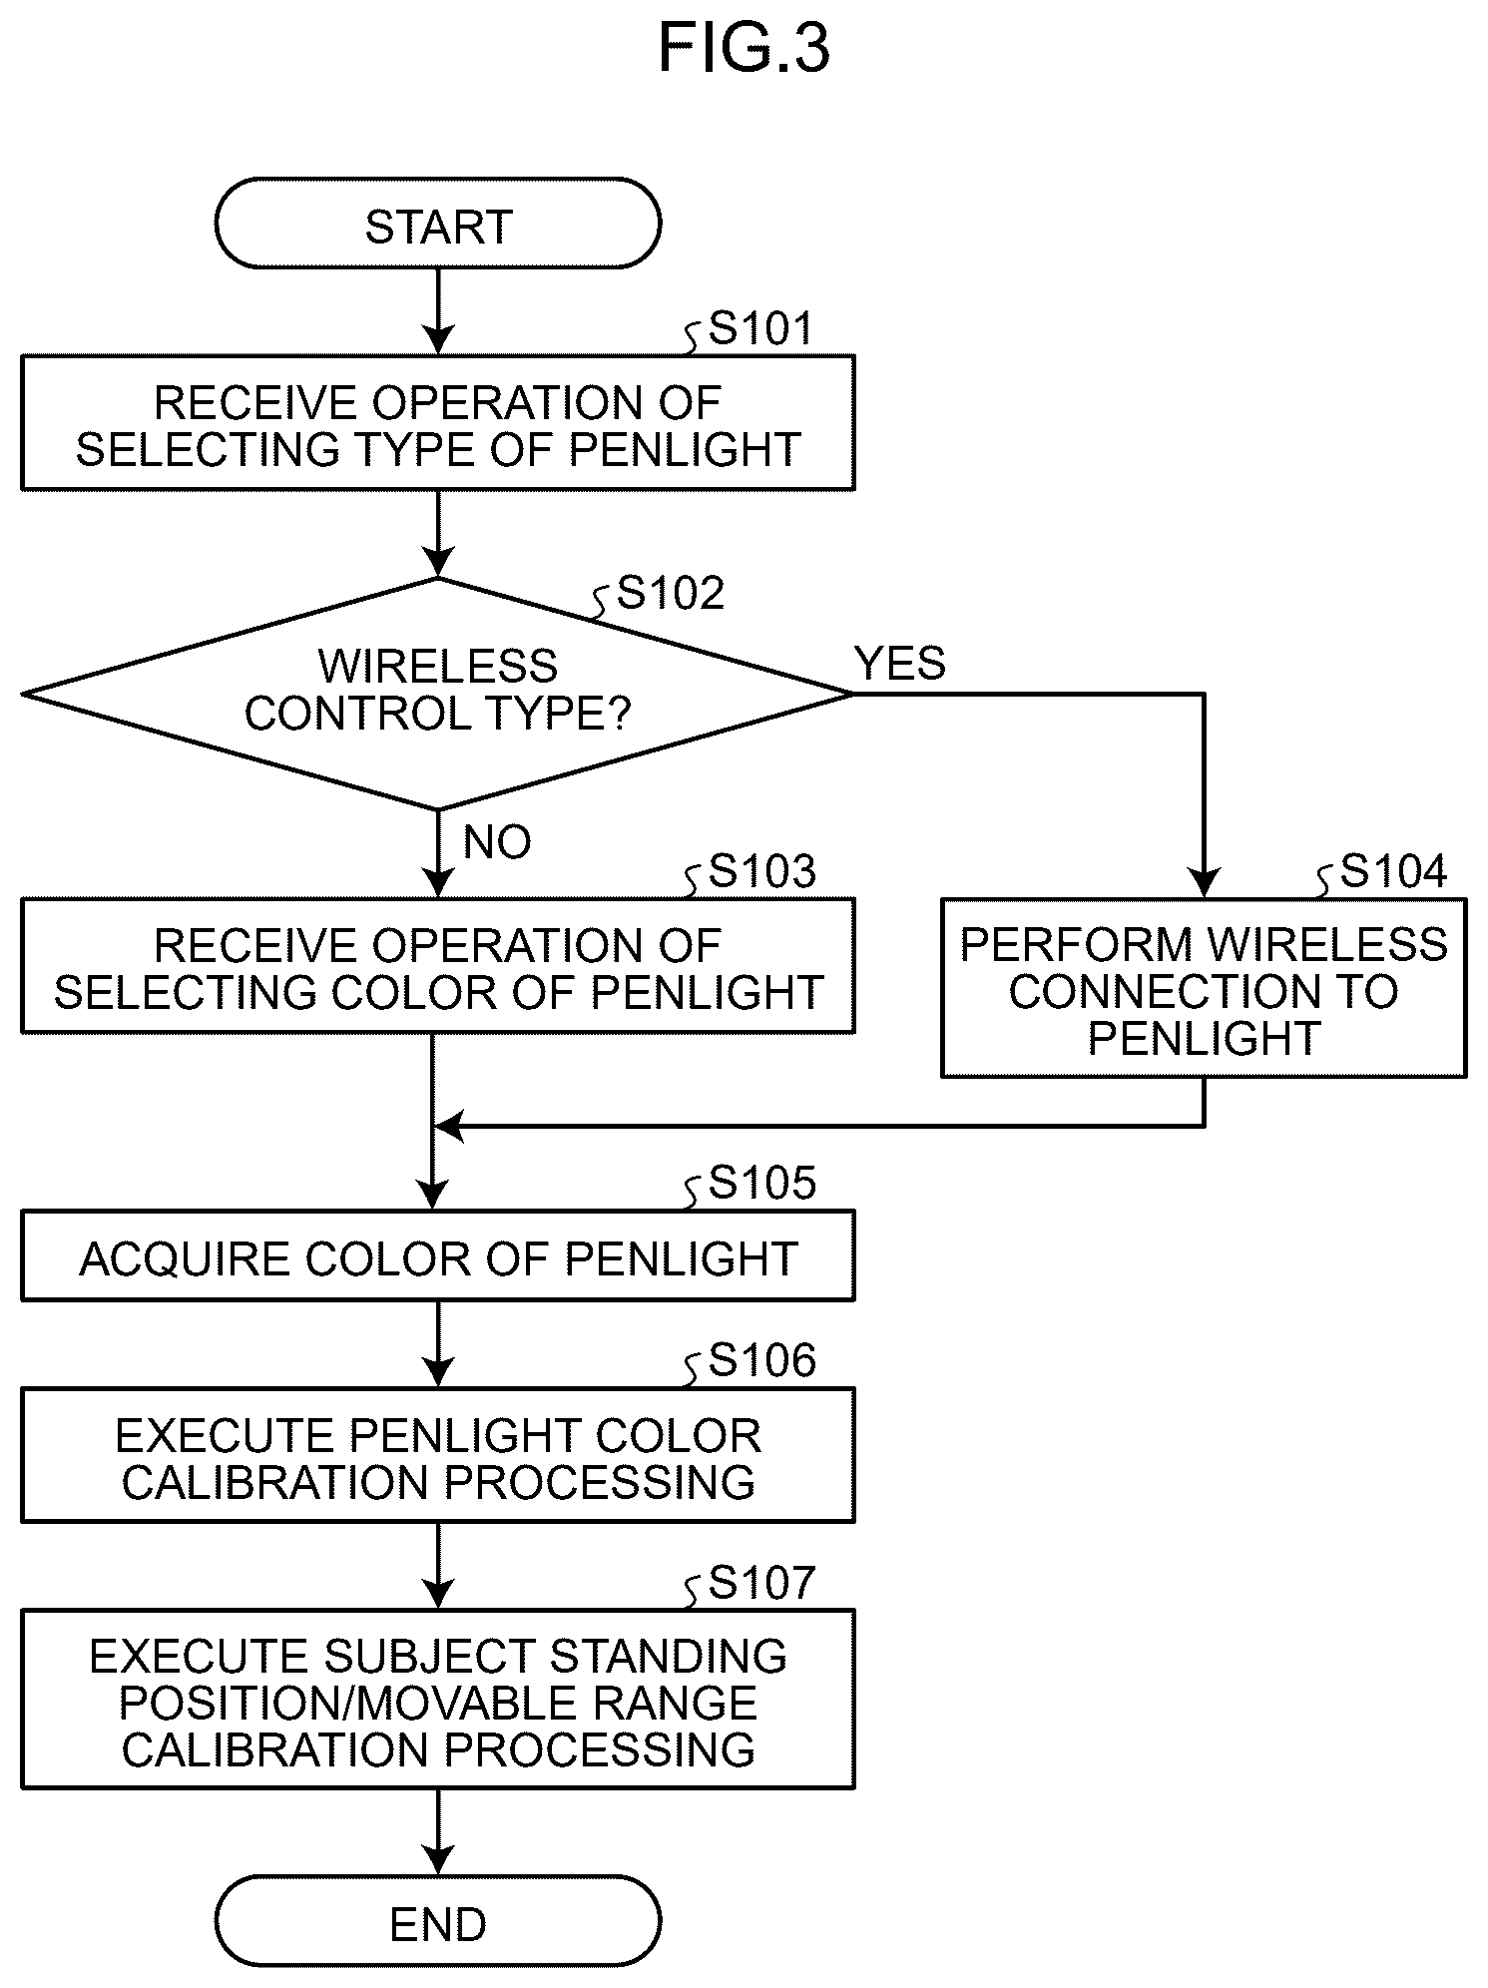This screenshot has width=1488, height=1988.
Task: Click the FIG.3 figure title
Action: coord(744,48)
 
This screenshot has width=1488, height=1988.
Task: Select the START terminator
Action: coord(438,224)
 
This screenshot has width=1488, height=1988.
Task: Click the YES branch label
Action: coord(900,664)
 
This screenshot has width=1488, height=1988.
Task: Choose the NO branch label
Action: coord(497,843)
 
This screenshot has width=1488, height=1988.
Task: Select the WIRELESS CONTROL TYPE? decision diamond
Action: coord(438,694)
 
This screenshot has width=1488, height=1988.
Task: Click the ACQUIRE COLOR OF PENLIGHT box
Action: coord(438,1255)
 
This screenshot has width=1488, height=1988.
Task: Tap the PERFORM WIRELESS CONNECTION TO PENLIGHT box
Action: coord(1204,988)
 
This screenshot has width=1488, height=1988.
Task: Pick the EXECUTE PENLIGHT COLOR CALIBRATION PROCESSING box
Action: coord(438,1455)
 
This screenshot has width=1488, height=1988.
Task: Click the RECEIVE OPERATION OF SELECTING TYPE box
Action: coord(438,423)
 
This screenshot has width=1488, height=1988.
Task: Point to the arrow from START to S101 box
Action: coord(438,311)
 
